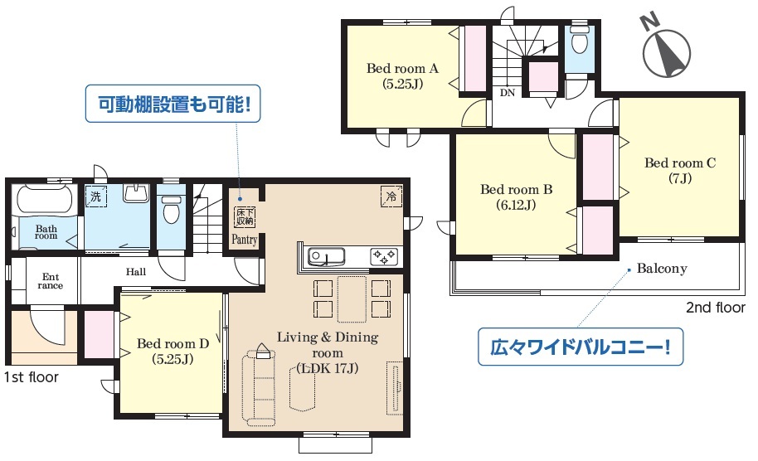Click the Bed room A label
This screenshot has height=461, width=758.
tap(402, 76)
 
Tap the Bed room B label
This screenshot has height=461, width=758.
tap(516, 197)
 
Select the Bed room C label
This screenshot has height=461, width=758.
tap(680, 170)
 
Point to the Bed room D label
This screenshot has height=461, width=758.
tap(172, 351)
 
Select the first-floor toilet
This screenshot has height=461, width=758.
tap(171, 209)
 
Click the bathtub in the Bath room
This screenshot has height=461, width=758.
tap(45, 200)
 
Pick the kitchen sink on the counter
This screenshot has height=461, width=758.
tap(326, 256)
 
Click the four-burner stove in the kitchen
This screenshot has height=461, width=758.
tap(384, 256)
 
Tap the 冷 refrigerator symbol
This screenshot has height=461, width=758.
tap(391, 197)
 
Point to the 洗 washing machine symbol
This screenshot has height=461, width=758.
tap(95, 197)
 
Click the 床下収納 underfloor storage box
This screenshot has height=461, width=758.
tap(245, 217)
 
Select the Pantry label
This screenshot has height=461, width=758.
tap(245, 239)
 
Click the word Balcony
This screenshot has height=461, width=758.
tap(662, 269)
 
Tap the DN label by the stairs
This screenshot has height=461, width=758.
tap(507, 92)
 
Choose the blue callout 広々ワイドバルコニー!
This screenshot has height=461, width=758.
tap(581, 347)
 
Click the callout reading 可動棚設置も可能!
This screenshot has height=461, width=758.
tap(173, 104)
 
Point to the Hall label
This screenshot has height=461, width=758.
tap(136, 272)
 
